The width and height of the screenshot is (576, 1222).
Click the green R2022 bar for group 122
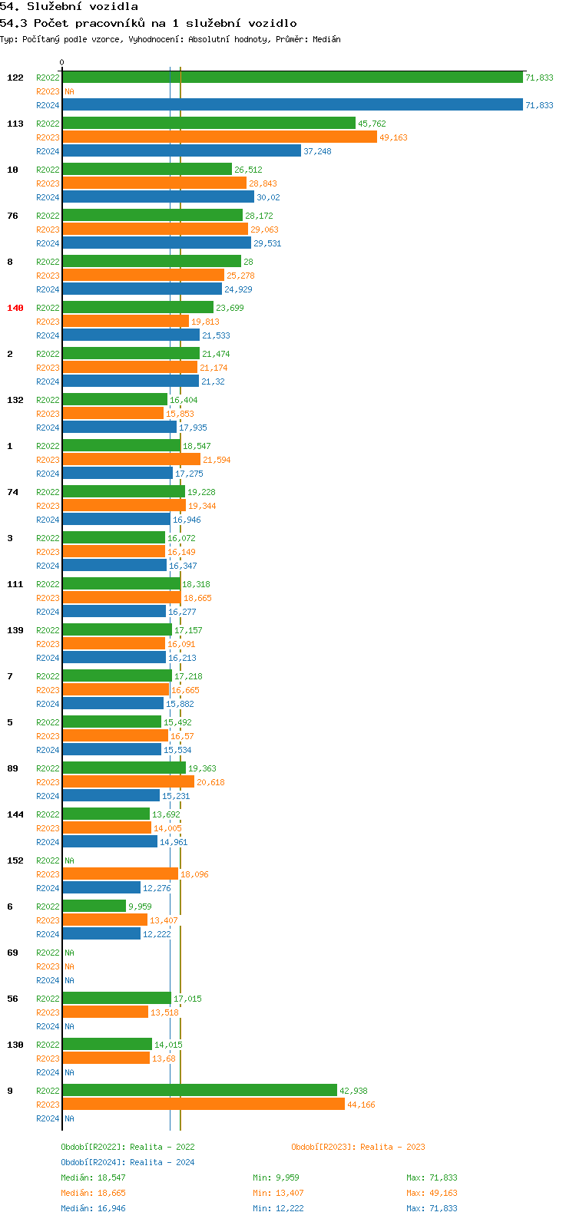coord(292,77)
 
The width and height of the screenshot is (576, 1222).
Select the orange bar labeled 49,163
coord(220,137)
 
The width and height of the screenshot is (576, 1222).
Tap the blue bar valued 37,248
coord(181,150)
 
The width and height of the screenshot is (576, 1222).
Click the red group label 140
coord(15,308)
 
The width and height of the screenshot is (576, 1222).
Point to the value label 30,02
coord(268,197)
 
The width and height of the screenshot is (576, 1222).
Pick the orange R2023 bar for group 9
coord(204,1104)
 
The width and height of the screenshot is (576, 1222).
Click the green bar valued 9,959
coord(94,906)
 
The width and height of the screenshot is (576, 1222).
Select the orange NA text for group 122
coord(69,91)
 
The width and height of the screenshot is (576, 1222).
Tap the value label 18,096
coord(194,874)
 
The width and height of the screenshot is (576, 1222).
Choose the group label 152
coord(15,860)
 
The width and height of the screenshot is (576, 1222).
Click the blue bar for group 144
coord(110,841)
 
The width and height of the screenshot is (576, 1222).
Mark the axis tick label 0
coord(62,62)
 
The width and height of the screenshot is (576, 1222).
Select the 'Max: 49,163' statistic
coord(432,1193)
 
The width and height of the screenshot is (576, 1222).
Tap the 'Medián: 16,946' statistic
coord(93,1208)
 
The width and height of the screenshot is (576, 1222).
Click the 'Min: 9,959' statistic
coord(276,1177)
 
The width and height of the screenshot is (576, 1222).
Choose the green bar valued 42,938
coord(200,1090)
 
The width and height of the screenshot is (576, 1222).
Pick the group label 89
coord(13,768)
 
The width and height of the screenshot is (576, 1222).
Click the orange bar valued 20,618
coord(128,781)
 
